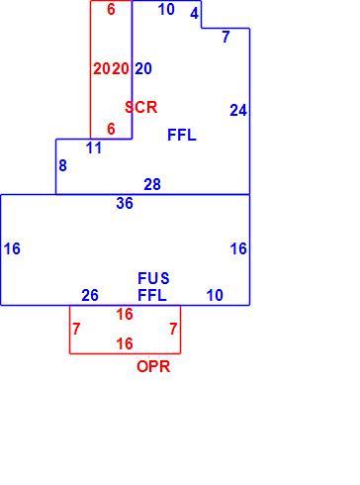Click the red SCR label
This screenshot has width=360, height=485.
141,107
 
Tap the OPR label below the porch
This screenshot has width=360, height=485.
153,366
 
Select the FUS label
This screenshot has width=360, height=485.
153,278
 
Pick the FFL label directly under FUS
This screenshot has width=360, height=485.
152,295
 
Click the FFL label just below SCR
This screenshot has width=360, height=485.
182,135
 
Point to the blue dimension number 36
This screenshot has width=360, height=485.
125,203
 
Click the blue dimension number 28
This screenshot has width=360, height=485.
152,184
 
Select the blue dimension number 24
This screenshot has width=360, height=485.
238,111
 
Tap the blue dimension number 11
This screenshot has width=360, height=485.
94,148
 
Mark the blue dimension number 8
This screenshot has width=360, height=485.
62,165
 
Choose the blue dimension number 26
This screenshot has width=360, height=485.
90,295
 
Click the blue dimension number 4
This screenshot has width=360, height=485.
195,13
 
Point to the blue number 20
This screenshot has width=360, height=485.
143,68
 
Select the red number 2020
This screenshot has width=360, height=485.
111,68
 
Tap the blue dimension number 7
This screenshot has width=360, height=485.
225,37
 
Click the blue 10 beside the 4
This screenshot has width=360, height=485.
166,9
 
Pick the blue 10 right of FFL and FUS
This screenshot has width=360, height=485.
215,295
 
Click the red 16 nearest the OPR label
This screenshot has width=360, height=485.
125,343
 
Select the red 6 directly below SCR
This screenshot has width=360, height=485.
111,129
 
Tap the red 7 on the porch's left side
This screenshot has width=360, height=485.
76,329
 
